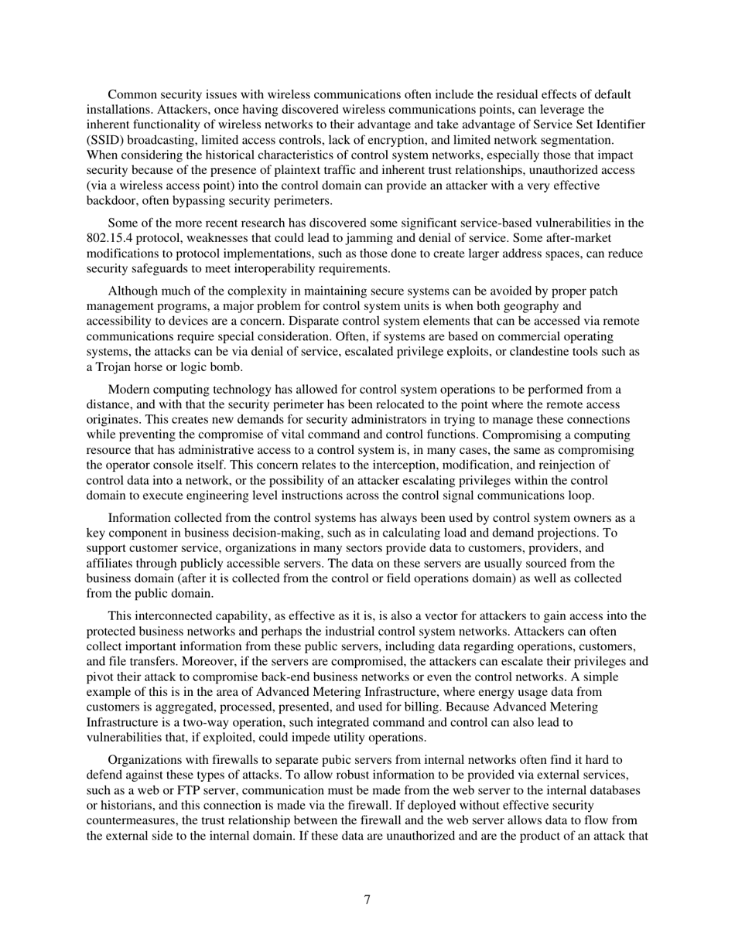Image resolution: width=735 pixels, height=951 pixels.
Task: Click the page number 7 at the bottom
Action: pyautogui.click(x=367, y=900)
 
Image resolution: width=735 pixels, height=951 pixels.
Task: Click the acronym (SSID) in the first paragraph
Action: pyautogui.click(x=108, y=140)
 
